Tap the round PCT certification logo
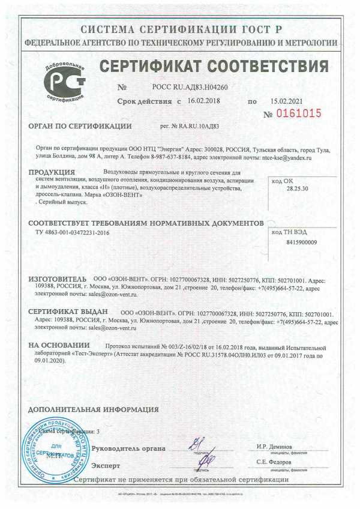click(x=61, y=82)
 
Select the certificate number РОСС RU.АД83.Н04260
click(x=190, y=87)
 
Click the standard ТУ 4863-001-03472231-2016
click(x=73, y=232)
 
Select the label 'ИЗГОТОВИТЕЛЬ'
click(x=58, y=280)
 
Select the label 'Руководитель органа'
click(x=124, y=448)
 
